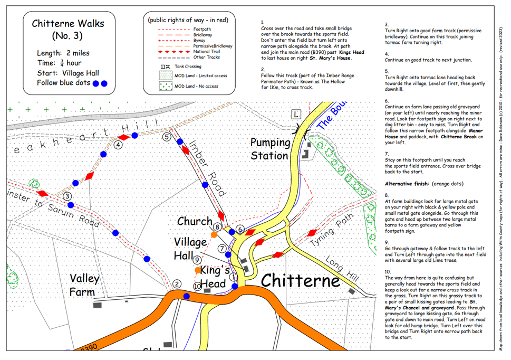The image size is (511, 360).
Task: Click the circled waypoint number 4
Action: point(118,145)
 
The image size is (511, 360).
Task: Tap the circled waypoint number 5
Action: point(167,137)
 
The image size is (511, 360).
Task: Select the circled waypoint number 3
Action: point(67,196)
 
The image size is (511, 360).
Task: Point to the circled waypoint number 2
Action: point(177,284)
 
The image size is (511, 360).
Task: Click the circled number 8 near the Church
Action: point(217,226)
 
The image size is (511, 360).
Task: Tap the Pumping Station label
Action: point(270,149)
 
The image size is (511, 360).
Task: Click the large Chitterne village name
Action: point(301,280)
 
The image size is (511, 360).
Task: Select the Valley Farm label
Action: point(84,285)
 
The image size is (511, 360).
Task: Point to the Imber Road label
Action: point(207,168)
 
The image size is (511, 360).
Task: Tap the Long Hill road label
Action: point(342,269)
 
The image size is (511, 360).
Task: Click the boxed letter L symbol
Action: point(296,115)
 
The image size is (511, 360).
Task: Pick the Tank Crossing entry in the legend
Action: point(188,67)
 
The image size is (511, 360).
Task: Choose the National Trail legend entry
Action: point(207,52)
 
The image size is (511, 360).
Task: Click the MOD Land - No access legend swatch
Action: point(166,86)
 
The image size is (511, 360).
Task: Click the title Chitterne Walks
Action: point(68,23)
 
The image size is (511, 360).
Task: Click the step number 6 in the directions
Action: point(387,101)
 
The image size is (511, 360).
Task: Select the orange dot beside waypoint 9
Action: point(198,270)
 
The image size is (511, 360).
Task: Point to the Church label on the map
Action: point(195,221)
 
